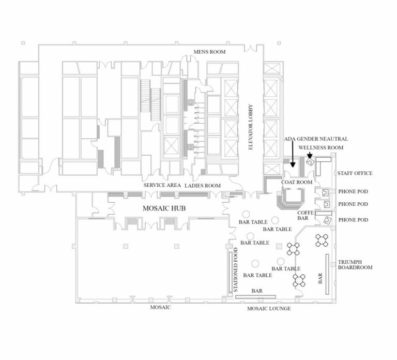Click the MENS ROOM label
(209, 52)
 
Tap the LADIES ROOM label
(203, 186)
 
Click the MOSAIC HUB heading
(164, 209)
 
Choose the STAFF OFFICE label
(355, 173)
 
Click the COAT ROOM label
(297, 183)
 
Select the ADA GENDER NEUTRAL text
(316, 139)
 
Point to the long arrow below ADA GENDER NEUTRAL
(293, 155)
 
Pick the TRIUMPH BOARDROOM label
(355, 264)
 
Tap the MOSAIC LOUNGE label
(269, 308)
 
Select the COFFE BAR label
(303, 216)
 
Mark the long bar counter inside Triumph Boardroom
(327, 274)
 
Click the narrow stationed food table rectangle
(230, 274)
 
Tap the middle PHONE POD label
(353, 204)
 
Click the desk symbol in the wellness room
(310, 161)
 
